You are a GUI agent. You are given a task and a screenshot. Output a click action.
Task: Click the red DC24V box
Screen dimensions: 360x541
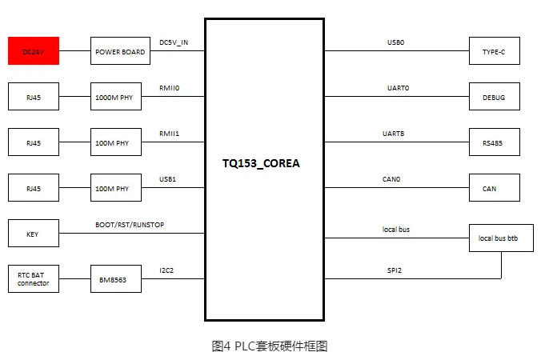click(33, 51)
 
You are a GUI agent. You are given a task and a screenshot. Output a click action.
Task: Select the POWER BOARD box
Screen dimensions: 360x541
click(119, 51)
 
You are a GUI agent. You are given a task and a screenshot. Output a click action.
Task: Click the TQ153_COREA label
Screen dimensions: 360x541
click(264, 163)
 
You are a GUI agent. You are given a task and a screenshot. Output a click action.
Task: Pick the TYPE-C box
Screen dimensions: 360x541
click(494, 51)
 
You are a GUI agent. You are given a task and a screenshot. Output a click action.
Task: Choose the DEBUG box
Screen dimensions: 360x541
click(494, 97)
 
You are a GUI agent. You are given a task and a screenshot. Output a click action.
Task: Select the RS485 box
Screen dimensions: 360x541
click(494, 142)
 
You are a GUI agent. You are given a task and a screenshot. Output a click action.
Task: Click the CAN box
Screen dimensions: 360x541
click(494, 188)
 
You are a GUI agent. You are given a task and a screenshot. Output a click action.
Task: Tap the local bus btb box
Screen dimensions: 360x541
click(500, 238)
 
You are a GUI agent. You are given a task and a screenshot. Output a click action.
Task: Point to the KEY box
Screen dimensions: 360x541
click(33, 234)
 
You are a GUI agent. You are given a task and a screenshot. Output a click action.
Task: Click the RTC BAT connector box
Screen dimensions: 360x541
click(33, 279)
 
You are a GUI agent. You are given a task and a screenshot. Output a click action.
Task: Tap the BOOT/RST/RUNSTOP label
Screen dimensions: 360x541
click(130, 225)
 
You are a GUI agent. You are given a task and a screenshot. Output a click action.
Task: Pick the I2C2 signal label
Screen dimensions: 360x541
click(166, 270)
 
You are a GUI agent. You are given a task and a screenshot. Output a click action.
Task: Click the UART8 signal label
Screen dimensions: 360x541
click(395, 134)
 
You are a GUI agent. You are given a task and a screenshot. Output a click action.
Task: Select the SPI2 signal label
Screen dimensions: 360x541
click(395, 270)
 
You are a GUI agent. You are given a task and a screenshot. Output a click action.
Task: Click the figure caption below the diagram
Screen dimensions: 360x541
click(270, 346)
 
